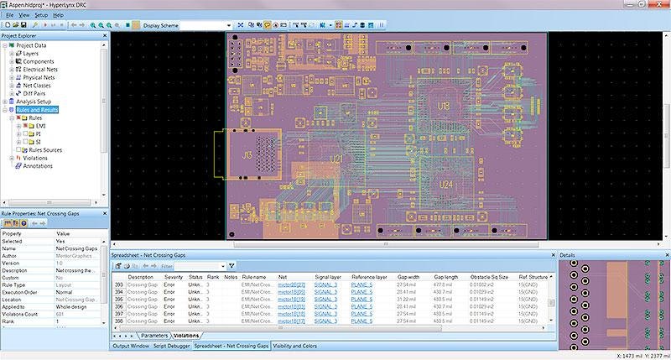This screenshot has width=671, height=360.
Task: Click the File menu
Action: click(x=9, y=15)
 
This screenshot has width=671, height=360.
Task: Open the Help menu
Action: click(x=59, y=15)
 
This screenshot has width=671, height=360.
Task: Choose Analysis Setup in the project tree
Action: click(x=34, y=102)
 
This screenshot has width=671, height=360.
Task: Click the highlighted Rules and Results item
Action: click(x=37, y=110)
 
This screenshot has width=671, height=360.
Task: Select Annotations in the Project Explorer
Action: click(x=38, y=165)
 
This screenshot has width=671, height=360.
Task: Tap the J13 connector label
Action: click(x=247, y=155)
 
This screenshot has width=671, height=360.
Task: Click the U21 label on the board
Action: click(x=336, y=158)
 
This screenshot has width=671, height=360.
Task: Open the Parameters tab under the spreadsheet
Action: click(x=153, y=336)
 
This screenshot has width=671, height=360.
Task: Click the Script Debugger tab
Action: click(x=169, y=346)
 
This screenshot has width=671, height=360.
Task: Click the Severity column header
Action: click(x=173, y=276)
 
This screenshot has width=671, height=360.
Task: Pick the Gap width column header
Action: click(x=408, y=276)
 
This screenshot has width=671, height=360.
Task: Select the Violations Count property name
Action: click(x=23, y=312)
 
